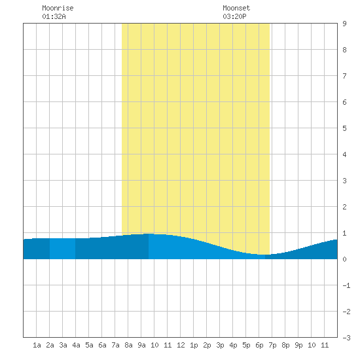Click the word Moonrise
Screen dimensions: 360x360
58,8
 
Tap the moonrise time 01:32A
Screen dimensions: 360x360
54,16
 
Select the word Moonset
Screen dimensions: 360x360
236,8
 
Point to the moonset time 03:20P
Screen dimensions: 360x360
234,16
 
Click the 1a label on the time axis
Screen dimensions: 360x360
37,345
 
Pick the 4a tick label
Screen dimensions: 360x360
76,345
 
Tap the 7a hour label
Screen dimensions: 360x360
115,345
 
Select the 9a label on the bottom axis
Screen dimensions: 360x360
141,345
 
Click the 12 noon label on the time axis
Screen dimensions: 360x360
181,345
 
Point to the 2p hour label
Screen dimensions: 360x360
207,345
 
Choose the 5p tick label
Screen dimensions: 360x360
246,345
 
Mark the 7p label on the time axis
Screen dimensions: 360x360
272,345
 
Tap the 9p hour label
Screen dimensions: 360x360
298,345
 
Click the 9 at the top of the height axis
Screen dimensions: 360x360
344,24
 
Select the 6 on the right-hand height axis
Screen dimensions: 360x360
344,102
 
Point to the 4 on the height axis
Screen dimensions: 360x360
344,154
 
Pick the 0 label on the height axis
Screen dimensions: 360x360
344,259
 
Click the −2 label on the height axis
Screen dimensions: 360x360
346,312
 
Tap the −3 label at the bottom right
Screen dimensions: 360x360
346,338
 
